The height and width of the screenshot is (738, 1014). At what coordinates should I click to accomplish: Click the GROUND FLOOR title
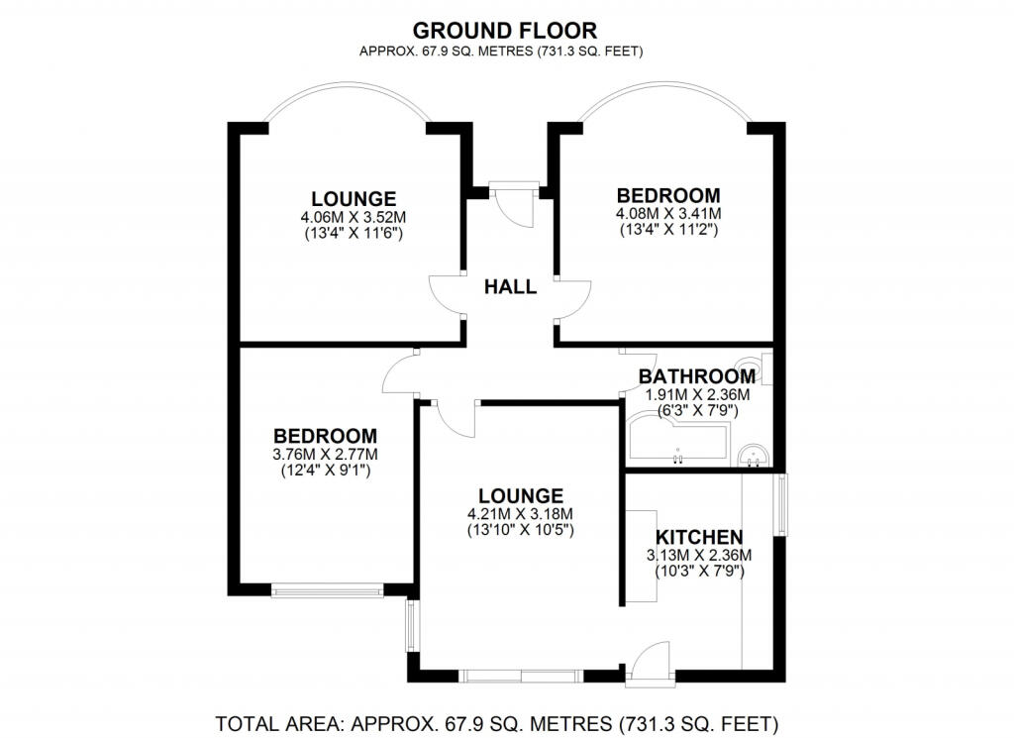point(504,31)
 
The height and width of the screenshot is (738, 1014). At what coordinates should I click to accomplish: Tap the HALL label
point(510,286)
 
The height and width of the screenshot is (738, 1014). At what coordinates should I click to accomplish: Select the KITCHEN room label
point(699,538)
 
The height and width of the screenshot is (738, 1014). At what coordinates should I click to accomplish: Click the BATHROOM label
point(696,376)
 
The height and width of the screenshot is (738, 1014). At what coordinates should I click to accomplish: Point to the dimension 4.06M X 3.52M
point(354,217)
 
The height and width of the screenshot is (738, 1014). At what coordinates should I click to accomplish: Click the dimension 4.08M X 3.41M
point(668,213)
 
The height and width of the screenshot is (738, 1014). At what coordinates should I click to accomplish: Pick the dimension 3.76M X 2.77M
point(325,454)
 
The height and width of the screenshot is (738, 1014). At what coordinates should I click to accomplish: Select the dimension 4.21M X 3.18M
point(521,514)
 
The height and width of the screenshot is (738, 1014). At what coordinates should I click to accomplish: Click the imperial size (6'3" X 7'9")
point(697,411)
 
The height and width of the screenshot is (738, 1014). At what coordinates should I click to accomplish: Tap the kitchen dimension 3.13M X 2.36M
point(699,555)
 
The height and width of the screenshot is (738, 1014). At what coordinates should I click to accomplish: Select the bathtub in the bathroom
point(677,441)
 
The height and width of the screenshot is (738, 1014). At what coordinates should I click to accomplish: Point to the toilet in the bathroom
point(759,368)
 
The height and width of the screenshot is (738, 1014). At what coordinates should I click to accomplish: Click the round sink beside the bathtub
point(754,455)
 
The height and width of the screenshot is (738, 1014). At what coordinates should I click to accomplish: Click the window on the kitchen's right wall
point(782,504)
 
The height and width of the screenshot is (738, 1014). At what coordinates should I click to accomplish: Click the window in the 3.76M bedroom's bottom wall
point(327,589)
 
